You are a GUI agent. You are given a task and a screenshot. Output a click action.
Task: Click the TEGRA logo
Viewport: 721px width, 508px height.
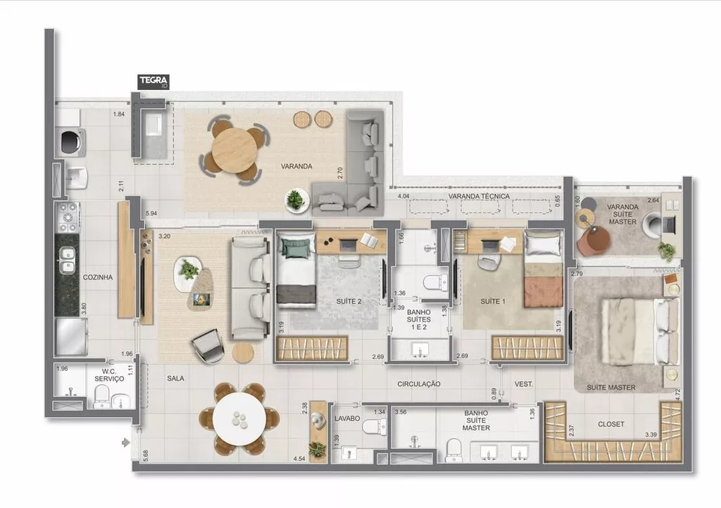coord(154,81)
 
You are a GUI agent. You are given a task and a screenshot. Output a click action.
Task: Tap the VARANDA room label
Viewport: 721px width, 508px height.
coord(296,166)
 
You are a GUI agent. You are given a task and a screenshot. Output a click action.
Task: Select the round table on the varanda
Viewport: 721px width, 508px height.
coord(234,150)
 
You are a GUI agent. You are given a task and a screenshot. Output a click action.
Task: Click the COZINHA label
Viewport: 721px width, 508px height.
coord(98,277)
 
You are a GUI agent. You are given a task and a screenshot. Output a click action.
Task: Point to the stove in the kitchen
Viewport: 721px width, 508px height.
coord(68,216)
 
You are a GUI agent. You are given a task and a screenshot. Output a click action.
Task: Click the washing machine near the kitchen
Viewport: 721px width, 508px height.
coord(70,142)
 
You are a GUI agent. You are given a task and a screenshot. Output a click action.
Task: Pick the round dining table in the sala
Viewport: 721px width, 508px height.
coord(239,419)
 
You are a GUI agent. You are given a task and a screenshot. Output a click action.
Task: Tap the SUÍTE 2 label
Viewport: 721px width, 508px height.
coord(349,300)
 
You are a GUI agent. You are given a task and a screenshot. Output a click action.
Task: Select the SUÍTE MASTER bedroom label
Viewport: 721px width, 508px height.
coord(611,388)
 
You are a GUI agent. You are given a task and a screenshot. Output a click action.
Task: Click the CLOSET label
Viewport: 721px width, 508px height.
coord(611,424)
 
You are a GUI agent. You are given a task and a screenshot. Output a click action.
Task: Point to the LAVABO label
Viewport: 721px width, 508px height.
coord(348,418)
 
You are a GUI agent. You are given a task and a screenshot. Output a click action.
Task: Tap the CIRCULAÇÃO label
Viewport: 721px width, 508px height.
coord(418,384)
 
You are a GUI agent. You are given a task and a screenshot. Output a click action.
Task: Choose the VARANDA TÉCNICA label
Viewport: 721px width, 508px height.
coord(479,196)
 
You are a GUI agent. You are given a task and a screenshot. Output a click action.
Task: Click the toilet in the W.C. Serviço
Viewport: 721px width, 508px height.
coord(101,395)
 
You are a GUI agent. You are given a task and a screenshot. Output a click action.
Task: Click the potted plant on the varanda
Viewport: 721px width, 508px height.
coord(296,200)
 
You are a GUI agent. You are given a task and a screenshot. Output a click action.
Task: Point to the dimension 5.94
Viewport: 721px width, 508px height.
coord(151,214)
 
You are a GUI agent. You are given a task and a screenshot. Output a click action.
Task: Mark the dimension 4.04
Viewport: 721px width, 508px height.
coord(404,196)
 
